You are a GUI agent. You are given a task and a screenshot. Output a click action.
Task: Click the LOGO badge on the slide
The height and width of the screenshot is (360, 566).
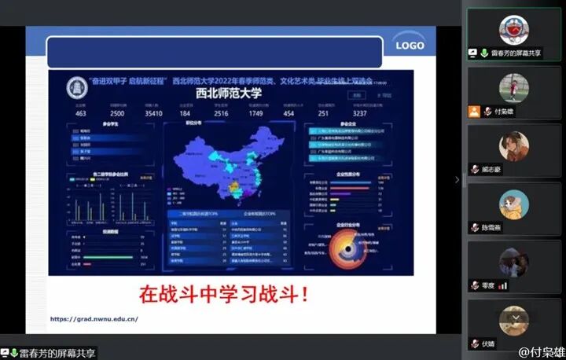(x=410, y=46)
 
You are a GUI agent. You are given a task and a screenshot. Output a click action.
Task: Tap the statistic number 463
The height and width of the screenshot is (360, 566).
(x=81, y=113)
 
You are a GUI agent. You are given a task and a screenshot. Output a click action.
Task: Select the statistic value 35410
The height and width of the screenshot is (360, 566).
(x=153, y=113)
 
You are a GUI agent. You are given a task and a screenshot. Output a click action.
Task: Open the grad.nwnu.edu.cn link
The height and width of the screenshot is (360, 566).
(x=94, y=319)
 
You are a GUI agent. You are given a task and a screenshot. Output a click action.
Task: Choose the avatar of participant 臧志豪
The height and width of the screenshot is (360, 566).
(x=513, y=145)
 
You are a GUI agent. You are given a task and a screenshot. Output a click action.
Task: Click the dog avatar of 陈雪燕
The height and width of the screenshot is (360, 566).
(x=513, y=204)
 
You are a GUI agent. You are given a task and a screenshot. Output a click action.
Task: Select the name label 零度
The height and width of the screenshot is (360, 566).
(x=488, y=285)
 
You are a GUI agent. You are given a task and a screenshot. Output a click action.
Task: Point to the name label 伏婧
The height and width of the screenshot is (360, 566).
(x=488, y=343)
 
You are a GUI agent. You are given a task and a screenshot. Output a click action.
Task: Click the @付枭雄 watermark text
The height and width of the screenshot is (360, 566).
(x=541, y=351)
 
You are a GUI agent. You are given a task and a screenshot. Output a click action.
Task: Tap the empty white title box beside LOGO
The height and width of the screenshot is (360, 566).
(x=214, y=51)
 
